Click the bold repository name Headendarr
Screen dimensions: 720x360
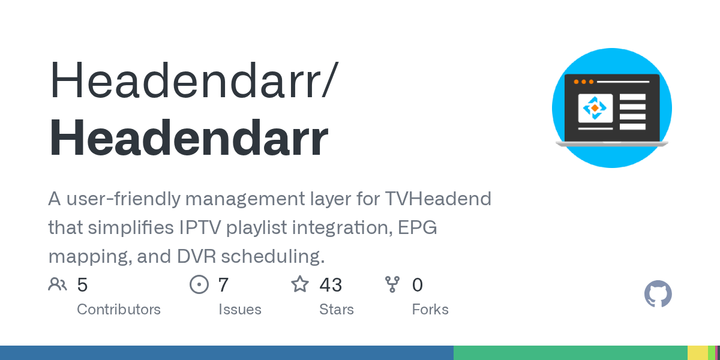click(x=188, y=137)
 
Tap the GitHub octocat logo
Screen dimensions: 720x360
click(x=658, y=294)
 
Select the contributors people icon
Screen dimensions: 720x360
click(x=58, y=284)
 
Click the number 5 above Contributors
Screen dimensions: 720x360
click(x=82, y=285)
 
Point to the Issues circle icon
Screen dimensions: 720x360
click(x=199, y=284)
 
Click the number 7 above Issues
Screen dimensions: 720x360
click(x=223, y=285)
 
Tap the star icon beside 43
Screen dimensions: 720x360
click(x=300, y=284)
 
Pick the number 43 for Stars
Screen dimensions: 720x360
click(x=331, y=285)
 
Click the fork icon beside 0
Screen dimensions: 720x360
click(x=392, y=284)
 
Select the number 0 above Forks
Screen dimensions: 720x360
click(x=418, y=285)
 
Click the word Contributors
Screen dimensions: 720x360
click(x=119, y=310)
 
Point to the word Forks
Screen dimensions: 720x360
click(x=430, y=310)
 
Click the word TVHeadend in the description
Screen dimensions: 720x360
click(x=438, y=199)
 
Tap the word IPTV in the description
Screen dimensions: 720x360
click(x=200, y=227)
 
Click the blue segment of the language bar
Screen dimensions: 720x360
click(x=227, y=353)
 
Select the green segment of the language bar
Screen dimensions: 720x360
click(x=571, y=353)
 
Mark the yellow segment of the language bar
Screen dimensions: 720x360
click(x=698, y=353)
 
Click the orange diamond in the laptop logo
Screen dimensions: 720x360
click(x=595, y=108)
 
